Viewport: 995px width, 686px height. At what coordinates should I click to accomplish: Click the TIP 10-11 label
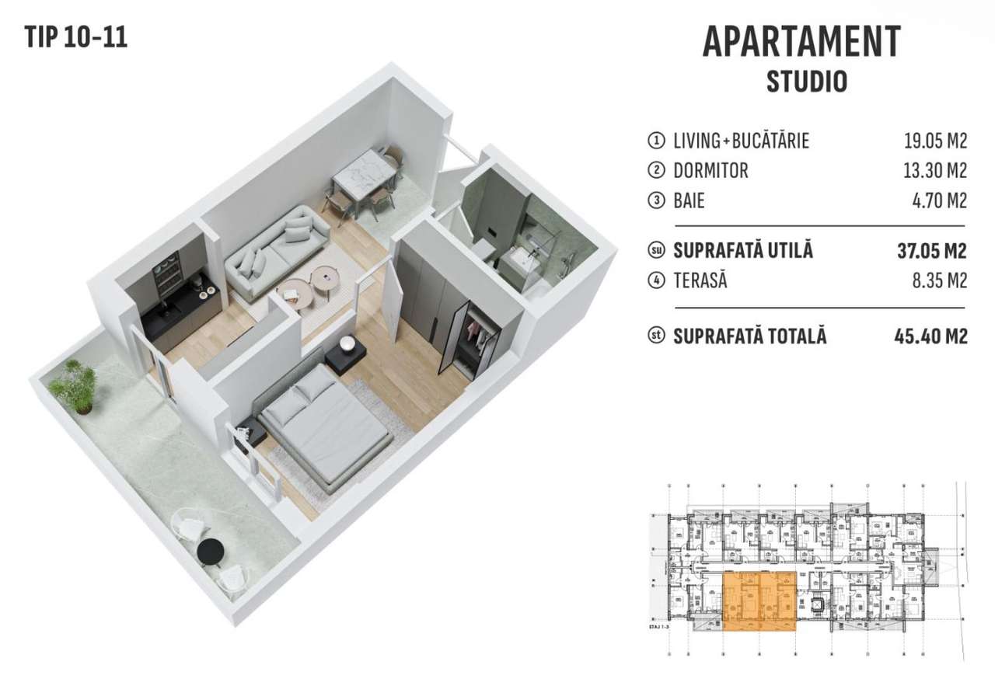75,37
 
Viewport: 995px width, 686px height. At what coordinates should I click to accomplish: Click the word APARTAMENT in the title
801,42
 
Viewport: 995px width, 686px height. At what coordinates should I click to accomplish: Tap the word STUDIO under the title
806,82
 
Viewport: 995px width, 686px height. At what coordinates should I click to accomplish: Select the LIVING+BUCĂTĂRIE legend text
741,141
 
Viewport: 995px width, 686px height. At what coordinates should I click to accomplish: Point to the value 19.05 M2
935,141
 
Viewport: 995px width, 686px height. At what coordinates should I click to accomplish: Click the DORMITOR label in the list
710,171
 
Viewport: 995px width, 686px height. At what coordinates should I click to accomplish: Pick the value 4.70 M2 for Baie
939,201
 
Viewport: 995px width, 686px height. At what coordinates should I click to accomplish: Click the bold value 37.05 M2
932,251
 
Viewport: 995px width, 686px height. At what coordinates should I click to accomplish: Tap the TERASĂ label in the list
700,281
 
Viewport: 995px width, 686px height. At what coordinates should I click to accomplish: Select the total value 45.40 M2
931,336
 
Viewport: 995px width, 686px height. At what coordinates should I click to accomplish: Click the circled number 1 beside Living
656,141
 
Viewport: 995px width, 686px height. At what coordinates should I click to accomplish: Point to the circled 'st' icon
656,337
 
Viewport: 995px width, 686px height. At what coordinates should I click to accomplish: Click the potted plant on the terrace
74,385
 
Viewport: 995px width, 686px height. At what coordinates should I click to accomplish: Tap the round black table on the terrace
210,552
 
